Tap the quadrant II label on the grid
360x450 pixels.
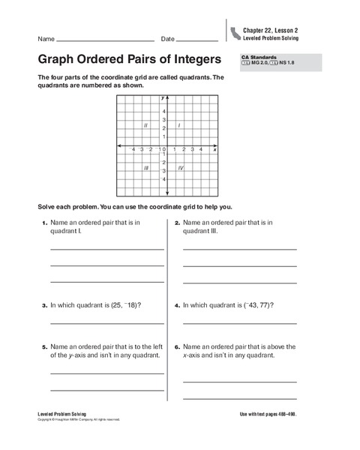[145, 125]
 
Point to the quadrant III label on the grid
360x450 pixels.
[146, 168]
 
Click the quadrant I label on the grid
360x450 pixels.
[179, 125]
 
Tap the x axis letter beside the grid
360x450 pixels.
[214, 150]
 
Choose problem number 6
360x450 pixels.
[177, 347]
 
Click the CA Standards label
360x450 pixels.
[258, 56]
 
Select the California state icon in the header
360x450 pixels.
[235, 32]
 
